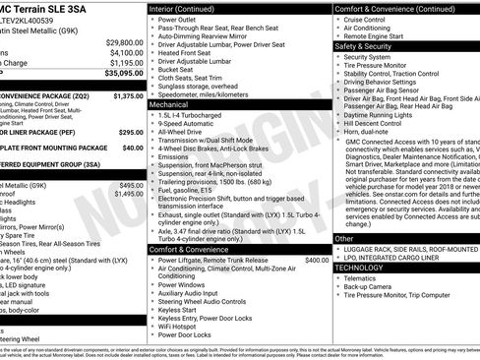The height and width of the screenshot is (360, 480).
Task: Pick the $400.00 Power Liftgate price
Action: pos(317,261)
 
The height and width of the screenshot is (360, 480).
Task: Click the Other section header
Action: pos(344,238)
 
